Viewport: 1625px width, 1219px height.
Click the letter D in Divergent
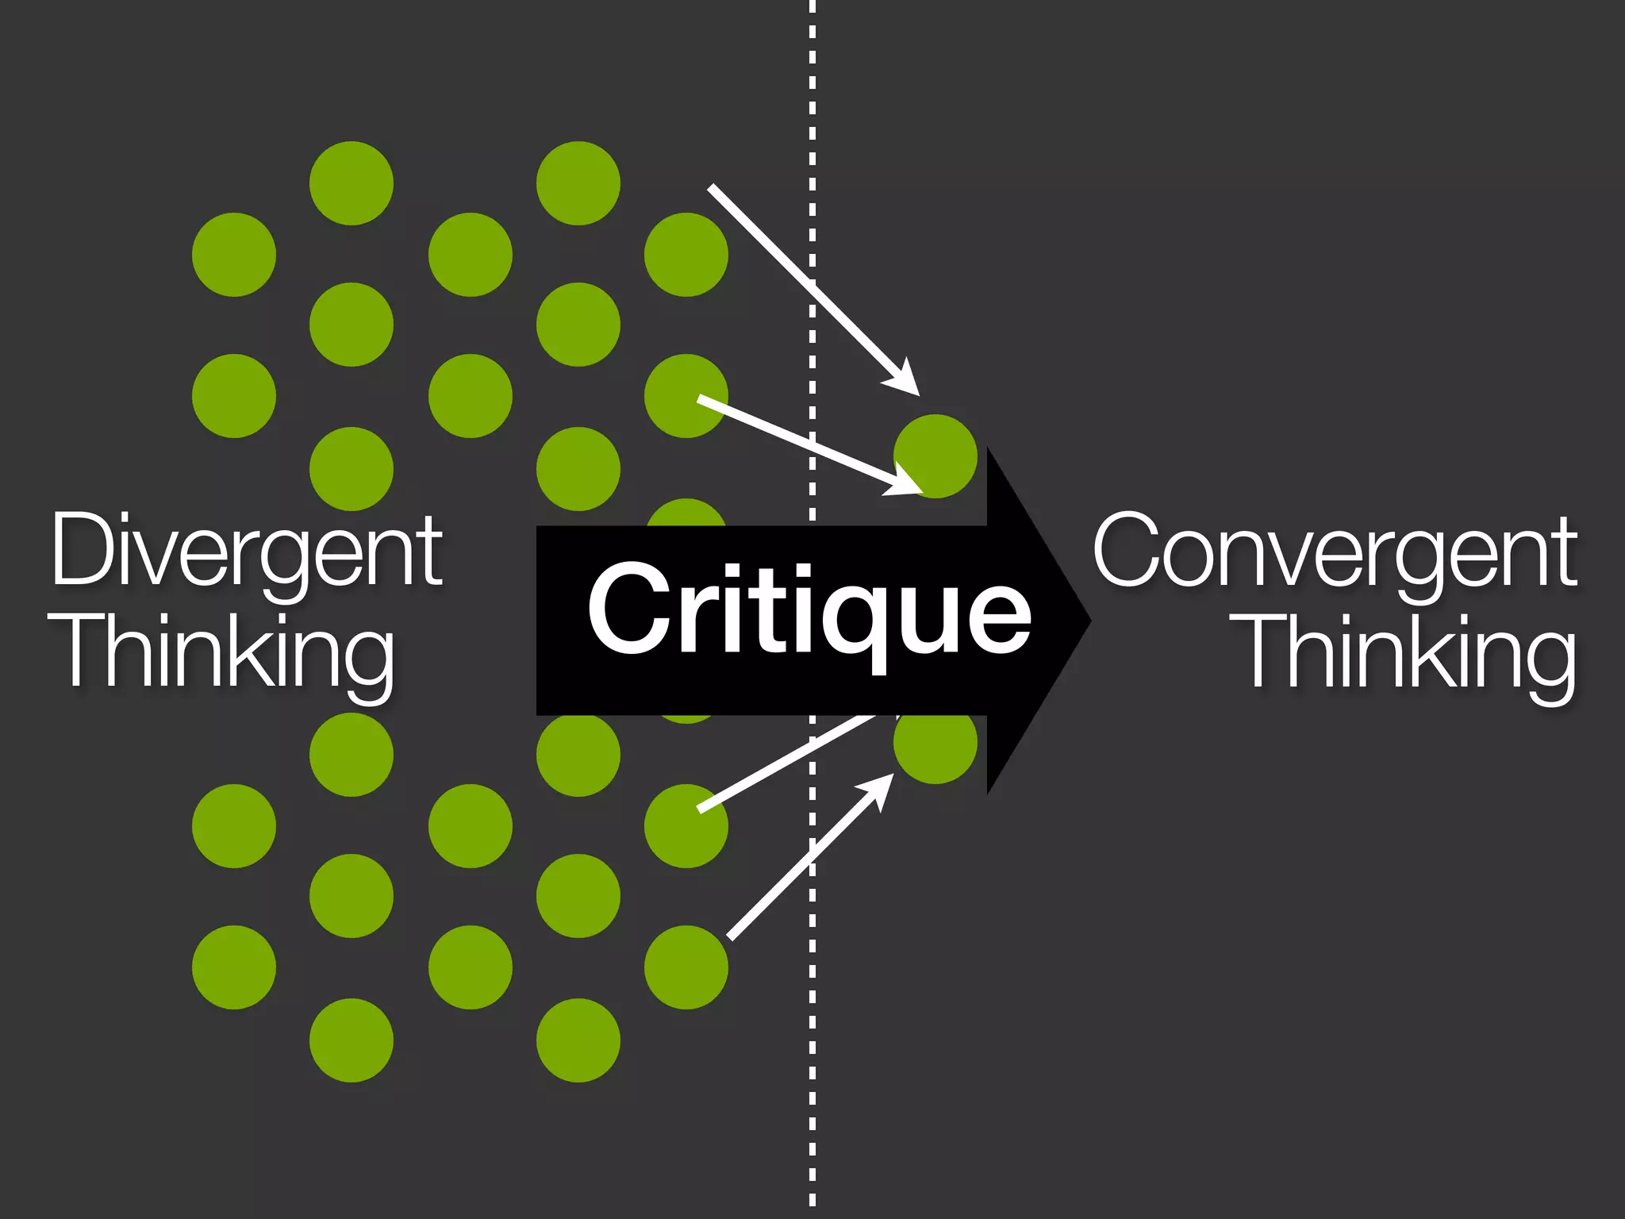pos(82,549)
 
